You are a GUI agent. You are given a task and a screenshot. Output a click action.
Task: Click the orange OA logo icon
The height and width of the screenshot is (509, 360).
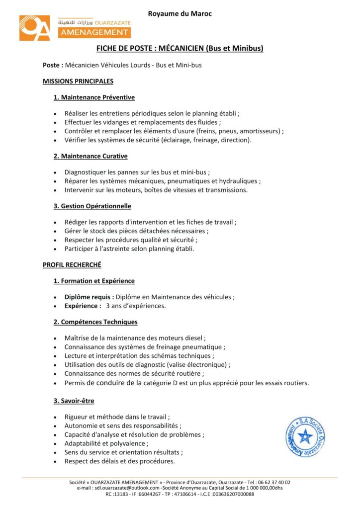click(x=35, y=28)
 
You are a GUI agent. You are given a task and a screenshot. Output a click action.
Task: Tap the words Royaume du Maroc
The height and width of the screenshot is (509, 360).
click(x=180, y=13)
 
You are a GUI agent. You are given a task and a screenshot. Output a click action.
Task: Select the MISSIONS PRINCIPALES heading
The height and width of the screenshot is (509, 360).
click(x=78, y=81)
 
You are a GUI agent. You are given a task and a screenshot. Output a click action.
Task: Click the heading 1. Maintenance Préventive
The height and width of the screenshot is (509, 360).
click(x=94, y=97)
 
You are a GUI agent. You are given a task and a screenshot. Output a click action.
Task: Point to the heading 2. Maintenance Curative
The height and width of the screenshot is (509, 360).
click(x=90, y=156)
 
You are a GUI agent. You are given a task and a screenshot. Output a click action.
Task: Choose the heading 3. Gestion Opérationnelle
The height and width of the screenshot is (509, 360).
click(x=92, y=206)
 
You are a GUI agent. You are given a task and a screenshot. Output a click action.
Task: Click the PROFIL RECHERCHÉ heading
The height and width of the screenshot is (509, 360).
click(x=72, y=265)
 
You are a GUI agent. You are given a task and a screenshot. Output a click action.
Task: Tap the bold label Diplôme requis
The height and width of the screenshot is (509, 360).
click(x=89, y=297)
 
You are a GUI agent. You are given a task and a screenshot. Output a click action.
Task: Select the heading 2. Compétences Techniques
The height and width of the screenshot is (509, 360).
click(x=95, y=322)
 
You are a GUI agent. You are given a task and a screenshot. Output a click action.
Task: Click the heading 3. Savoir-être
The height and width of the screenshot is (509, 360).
click(x=74, y=401)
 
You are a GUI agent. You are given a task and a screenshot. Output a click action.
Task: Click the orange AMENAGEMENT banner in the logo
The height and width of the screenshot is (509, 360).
click(x=93, y=32)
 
